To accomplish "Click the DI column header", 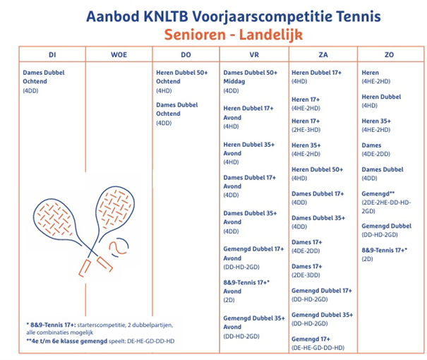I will [x=52, y=54].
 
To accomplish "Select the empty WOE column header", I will [x=119, y=54].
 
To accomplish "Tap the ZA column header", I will [x=323, y=54].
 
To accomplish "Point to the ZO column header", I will [x=389, y=54].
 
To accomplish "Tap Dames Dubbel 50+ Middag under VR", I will [x=251, y=77].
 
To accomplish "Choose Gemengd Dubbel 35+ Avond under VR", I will [x=253, y=323].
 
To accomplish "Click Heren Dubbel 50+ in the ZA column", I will [x=317, y=169].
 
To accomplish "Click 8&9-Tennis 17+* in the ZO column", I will [x=384, y=250].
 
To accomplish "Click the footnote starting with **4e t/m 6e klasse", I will [x=98, y=342].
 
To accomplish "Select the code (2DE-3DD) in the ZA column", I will [x=307, y=275].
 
